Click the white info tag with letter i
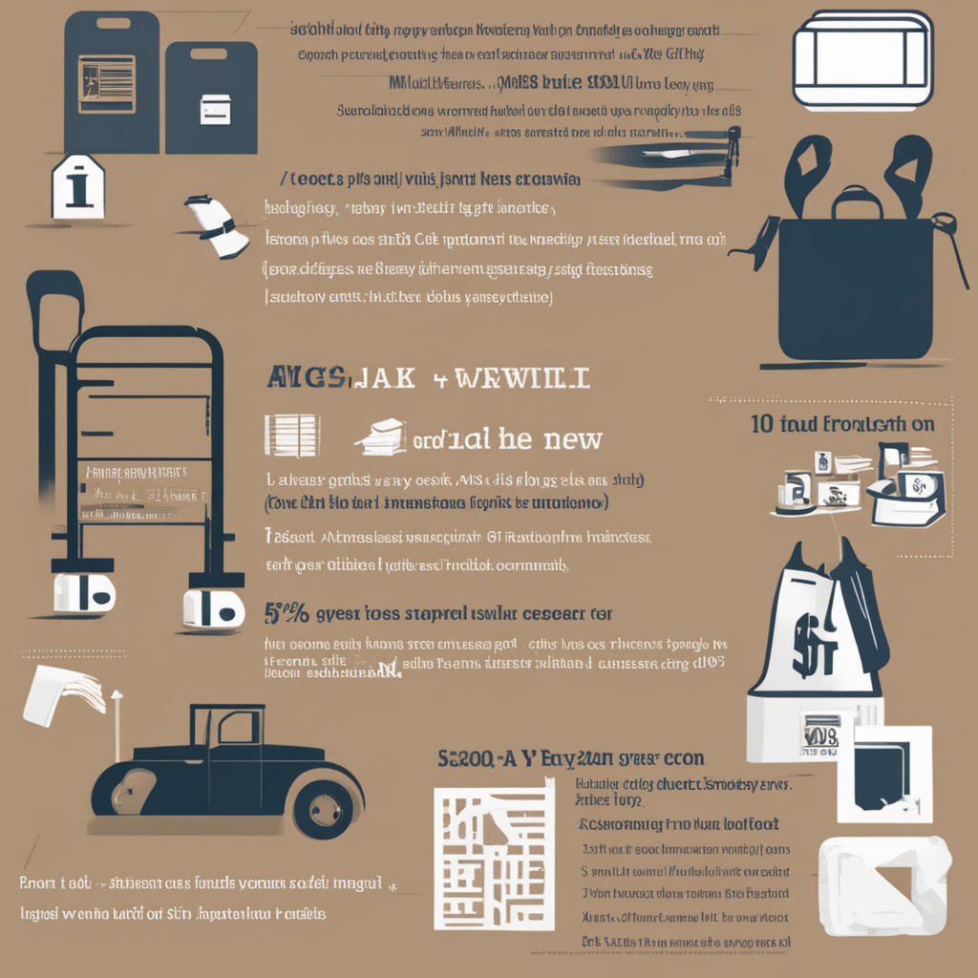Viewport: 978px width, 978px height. pyautogui.click(x=78, y=186)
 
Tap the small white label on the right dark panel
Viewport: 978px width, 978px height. pyautogui.click(x=215, y=110)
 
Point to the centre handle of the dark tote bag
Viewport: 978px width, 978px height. pyautogui.click(x=857, y=202)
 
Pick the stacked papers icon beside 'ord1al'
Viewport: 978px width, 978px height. pyautogui.click(x=382, y=436)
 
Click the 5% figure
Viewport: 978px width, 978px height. pyautogui.click(x=283, y=612)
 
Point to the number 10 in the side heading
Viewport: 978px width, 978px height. pyautogui.click(x=761, y=423)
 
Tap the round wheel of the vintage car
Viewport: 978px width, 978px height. pyautogui.click(x=323, y=808)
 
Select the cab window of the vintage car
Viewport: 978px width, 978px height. pyautogui.click(x=235, y=728)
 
